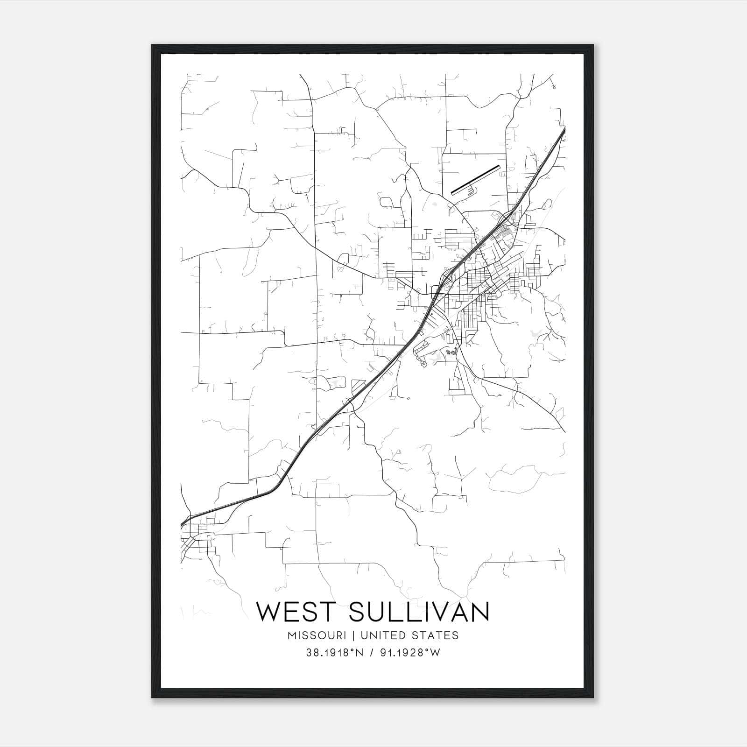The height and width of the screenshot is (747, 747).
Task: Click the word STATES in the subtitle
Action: click(x=436, y=635)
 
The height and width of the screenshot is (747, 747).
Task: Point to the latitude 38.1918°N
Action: click(x=335, y=653)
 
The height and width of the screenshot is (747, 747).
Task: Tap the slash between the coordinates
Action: click(x=372, y=653)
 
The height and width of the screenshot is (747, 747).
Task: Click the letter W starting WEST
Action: click(x=268, y=612)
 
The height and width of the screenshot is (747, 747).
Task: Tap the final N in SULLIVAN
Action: click(x=480, y=612)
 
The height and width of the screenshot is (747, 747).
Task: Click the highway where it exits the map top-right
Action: click(x=564, y=130)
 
